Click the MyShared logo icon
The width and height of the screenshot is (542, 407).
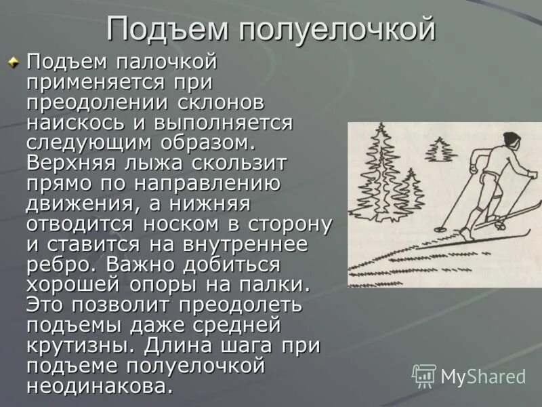tap(425, 376)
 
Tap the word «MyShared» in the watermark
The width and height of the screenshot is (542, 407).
tap(483, 376)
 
